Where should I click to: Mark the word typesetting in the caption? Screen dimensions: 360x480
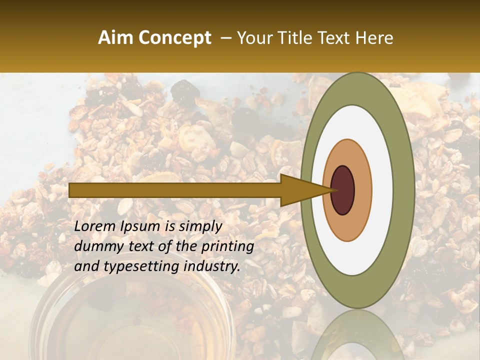coord(134,267)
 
